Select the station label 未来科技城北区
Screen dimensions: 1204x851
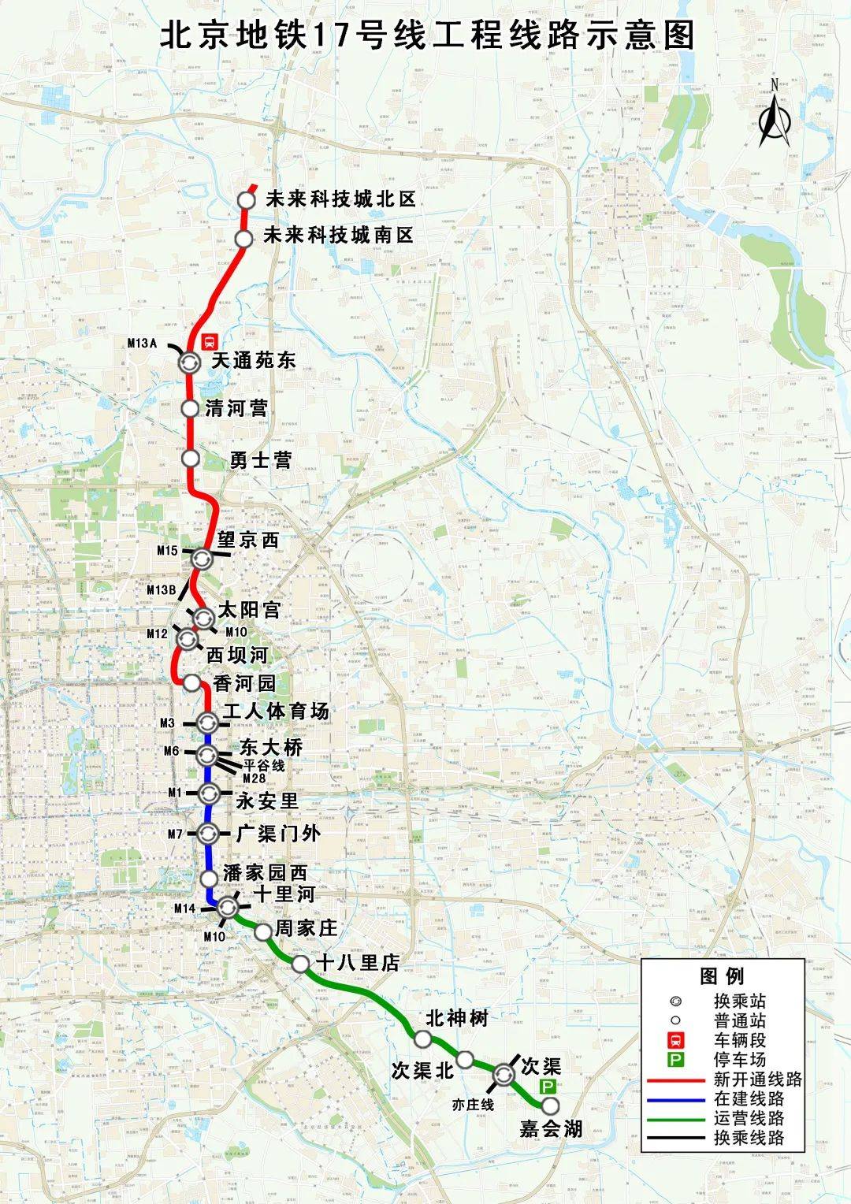click(x=340, y=199)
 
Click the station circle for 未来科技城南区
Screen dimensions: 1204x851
click(x=244, y=238)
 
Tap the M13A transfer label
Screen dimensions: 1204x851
click(x=143, y=343)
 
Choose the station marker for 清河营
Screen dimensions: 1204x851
click(x=190, y=408)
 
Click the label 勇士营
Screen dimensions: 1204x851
click(x=260, y=459)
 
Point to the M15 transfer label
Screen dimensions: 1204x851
click(x=167, y=551)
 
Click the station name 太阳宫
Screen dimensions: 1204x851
click(x=248, y=610)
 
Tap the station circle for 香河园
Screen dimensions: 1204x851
click(x=191, y=683)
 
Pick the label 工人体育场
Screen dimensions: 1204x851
click(x=275, y=712)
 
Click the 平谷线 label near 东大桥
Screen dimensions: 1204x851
click(x=264, y=765)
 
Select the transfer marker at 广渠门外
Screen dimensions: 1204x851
click(x=208, y=833)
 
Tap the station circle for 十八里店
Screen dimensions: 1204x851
click(x=300, y=964)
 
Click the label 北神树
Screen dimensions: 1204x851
click(x=456, y=1019)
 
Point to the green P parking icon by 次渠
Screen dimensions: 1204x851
click(x=546, y=1087)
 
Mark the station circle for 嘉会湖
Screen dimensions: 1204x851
click(x=550, y=1106)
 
